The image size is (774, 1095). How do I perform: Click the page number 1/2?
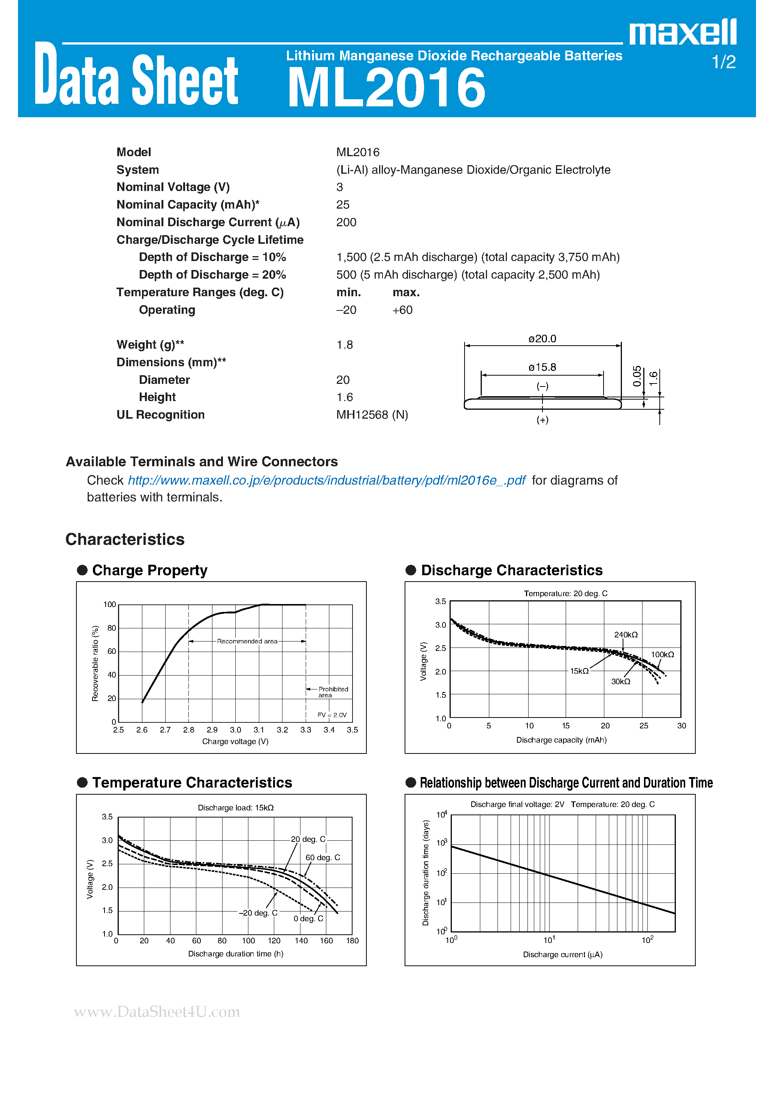point(723,62)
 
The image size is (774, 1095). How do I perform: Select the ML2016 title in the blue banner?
point(387,88)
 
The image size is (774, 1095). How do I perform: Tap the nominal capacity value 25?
point(343,204)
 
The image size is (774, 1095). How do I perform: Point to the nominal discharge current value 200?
point(346,222)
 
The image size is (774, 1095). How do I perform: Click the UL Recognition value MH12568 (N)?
point(372,415)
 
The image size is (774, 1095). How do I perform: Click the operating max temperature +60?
point(402,310)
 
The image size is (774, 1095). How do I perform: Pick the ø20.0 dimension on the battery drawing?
point(542,339)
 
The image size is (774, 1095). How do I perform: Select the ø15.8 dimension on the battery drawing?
point(542,367)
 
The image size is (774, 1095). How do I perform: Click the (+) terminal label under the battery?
point(542,420)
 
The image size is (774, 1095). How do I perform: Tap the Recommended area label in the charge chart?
point(247,641)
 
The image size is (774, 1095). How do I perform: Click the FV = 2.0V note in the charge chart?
point(332,715)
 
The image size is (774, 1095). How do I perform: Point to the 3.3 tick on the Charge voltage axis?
point(305,730)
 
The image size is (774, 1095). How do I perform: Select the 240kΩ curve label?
point(626,635)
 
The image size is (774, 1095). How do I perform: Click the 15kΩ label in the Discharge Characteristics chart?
point(579,671)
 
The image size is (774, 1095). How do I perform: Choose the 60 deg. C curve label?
point(323,858)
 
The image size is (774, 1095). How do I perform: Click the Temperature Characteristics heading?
point(192,783)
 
